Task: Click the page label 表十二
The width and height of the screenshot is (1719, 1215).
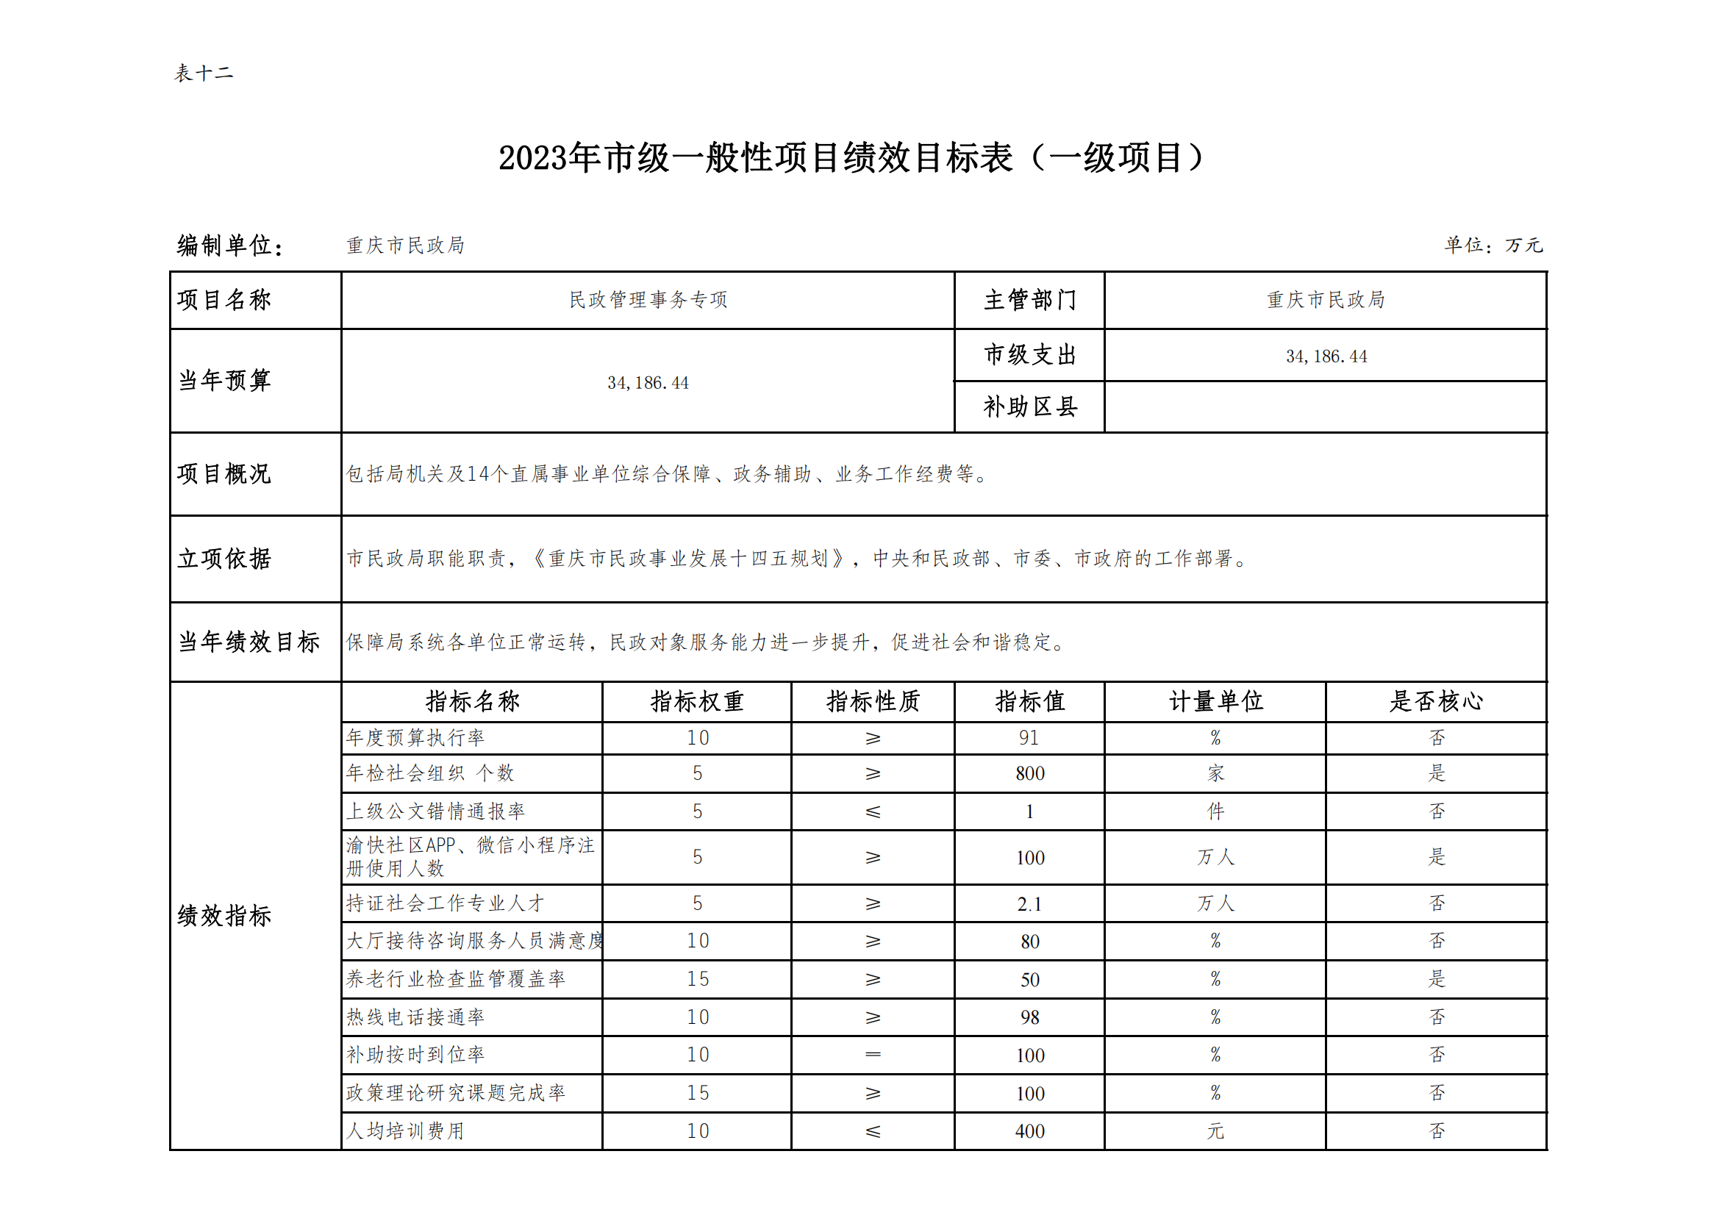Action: [204, 74]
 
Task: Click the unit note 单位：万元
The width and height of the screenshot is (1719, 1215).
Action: [1493, 245]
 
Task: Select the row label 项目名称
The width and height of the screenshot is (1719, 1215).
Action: [224, 299]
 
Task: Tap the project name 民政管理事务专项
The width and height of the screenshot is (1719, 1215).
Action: [648, 299]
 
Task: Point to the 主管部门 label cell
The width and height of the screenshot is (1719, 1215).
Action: [1029, 299]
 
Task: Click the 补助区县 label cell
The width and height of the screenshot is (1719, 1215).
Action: [1029, 406]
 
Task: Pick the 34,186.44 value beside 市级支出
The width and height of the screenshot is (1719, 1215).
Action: [1326, 356]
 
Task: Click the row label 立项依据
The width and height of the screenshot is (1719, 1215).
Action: [224, 559]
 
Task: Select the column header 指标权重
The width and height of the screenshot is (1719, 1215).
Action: [696, 701]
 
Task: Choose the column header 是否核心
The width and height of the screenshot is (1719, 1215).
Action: [1436, 701]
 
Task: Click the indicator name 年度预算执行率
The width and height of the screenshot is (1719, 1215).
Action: [415, 738]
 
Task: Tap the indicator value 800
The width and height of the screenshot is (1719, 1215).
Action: [1029, 773]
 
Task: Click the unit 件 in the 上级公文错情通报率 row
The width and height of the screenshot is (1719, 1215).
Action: [1215, 811]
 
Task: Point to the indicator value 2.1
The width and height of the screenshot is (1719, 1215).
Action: [1029, 904]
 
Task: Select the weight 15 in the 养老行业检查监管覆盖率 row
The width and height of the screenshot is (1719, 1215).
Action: [697, 979]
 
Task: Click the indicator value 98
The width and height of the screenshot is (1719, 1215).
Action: [1029, 1017]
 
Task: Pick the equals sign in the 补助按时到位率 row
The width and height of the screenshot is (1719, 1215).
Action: [872, 1055]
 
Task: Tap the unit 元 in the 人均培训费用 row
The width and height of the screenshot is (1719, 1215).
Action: [1215, 1131]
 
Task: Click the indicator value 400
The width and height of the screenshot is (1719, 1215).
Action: [1029, 1131]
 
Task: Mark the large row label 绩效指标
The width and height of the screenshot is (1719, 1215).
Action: [224, 916]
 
